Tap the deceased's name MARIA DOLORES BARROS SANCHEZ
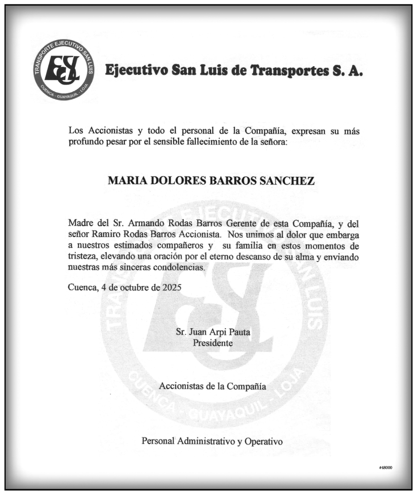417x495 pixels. (211, 181)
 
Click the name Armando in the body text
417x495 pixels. (144, 224)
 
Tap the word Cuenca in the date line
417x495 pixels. (83, 287)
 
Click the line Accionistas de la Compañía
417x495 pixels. (213, 386)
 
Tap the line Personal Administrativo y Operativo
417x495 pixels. (212, 441)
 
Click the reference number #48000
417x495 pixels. (386, 468)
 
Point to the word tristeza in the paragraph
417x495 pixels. (83, 257)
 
